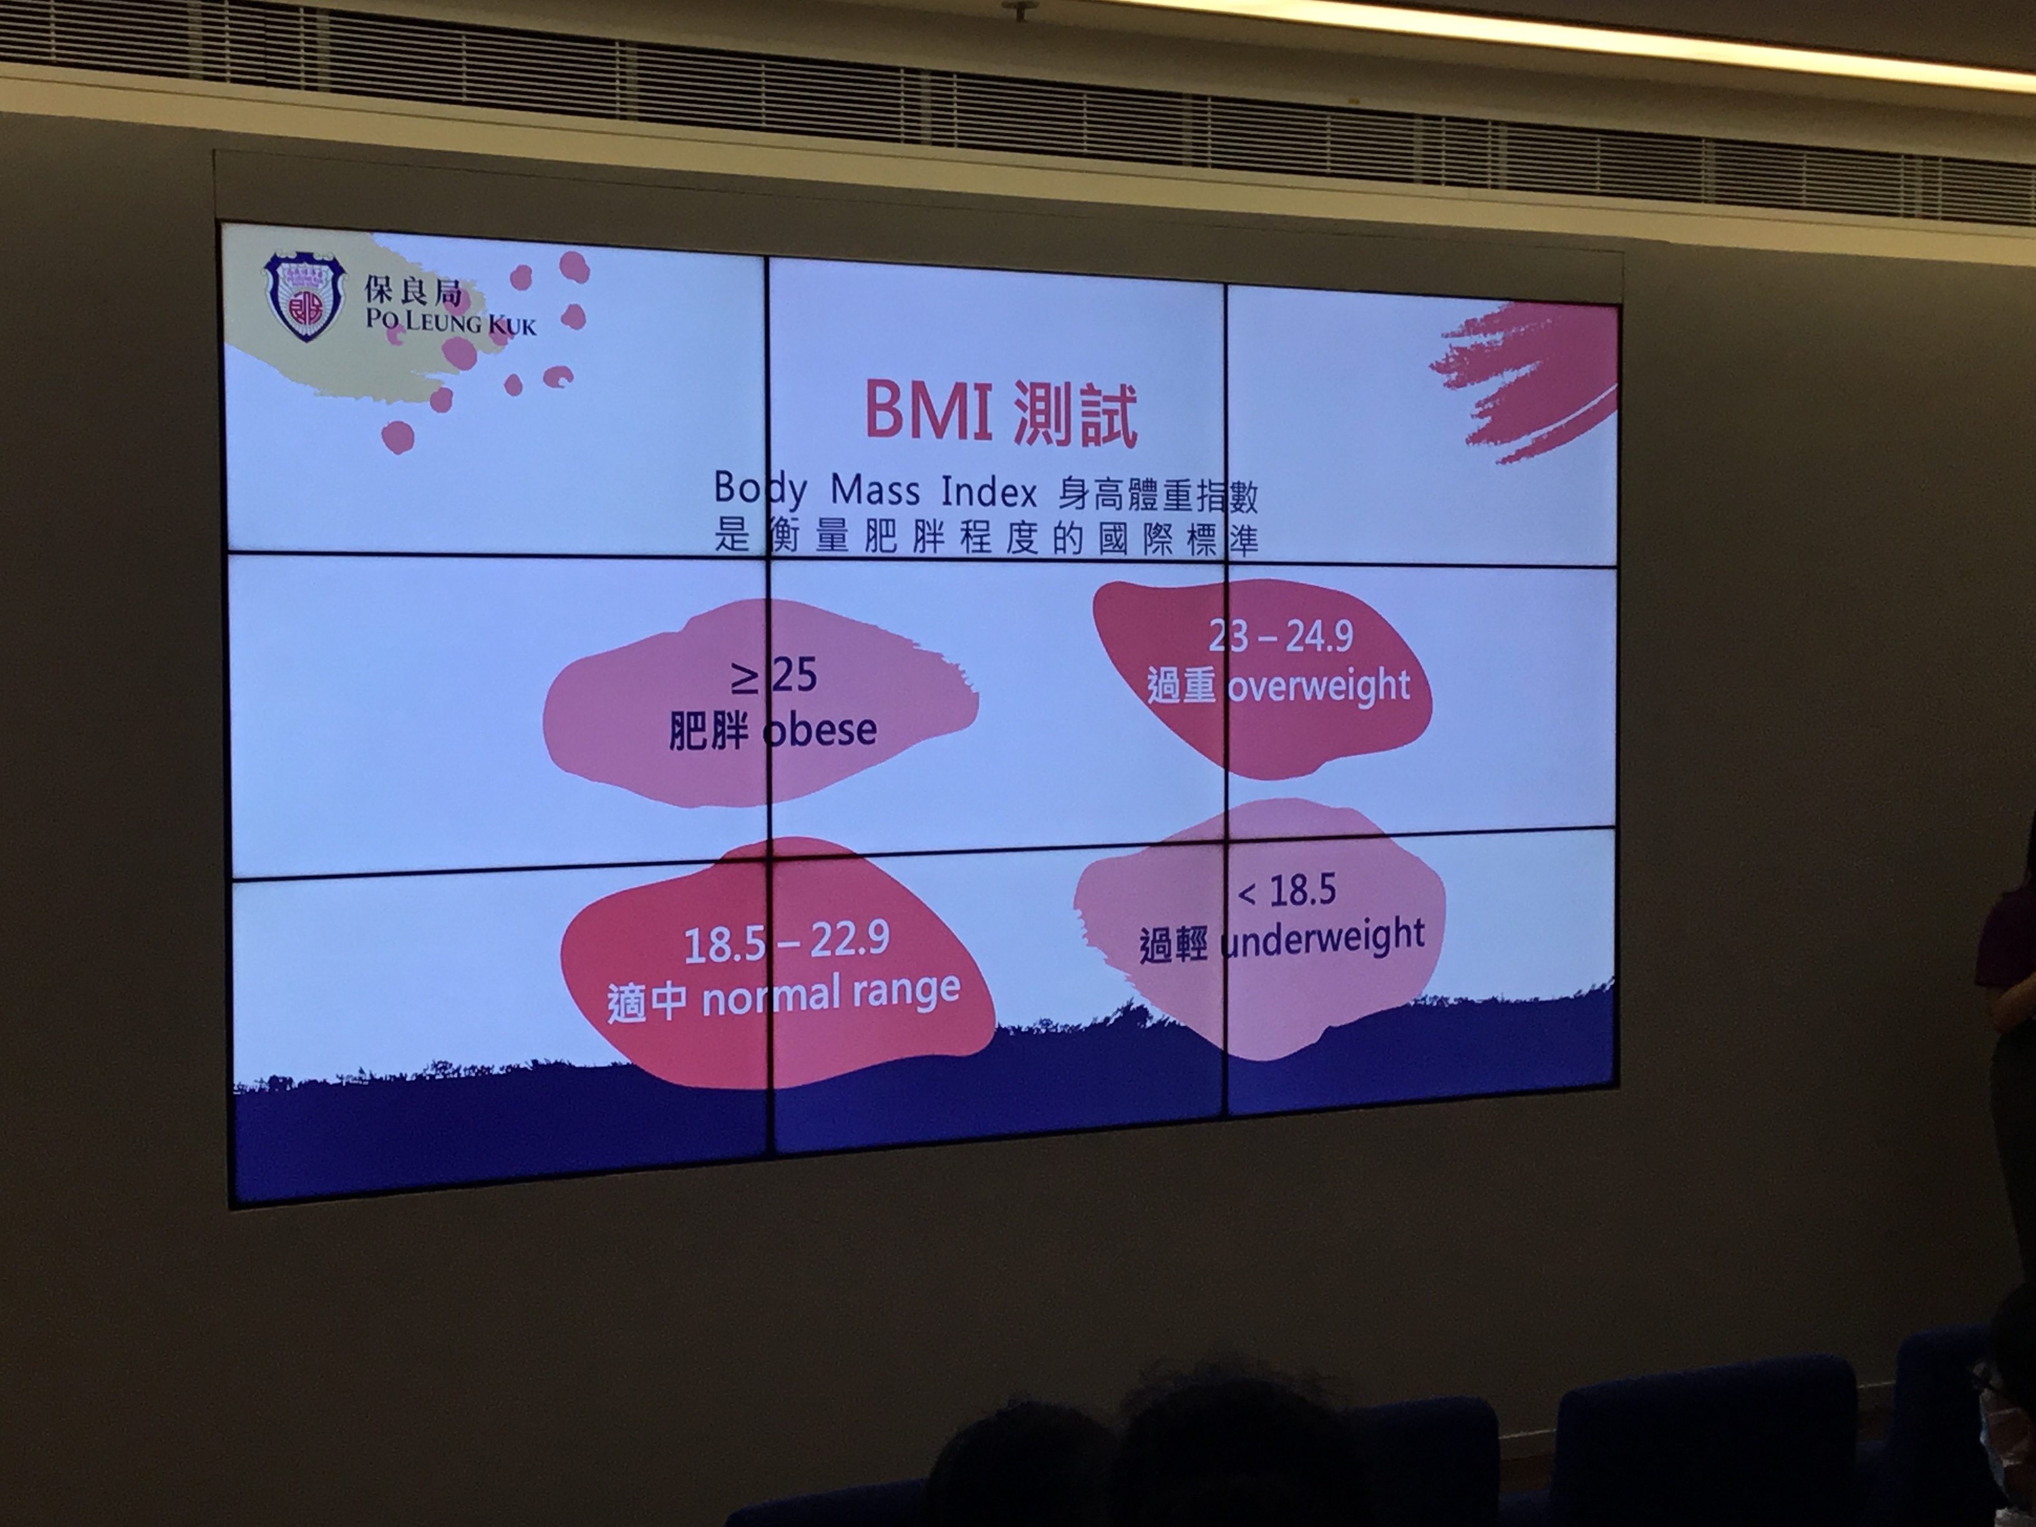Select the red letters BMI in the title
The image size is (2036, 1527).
tap(928, 412)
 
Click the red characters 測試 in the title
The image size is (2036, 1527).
tap(1075, 417)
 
